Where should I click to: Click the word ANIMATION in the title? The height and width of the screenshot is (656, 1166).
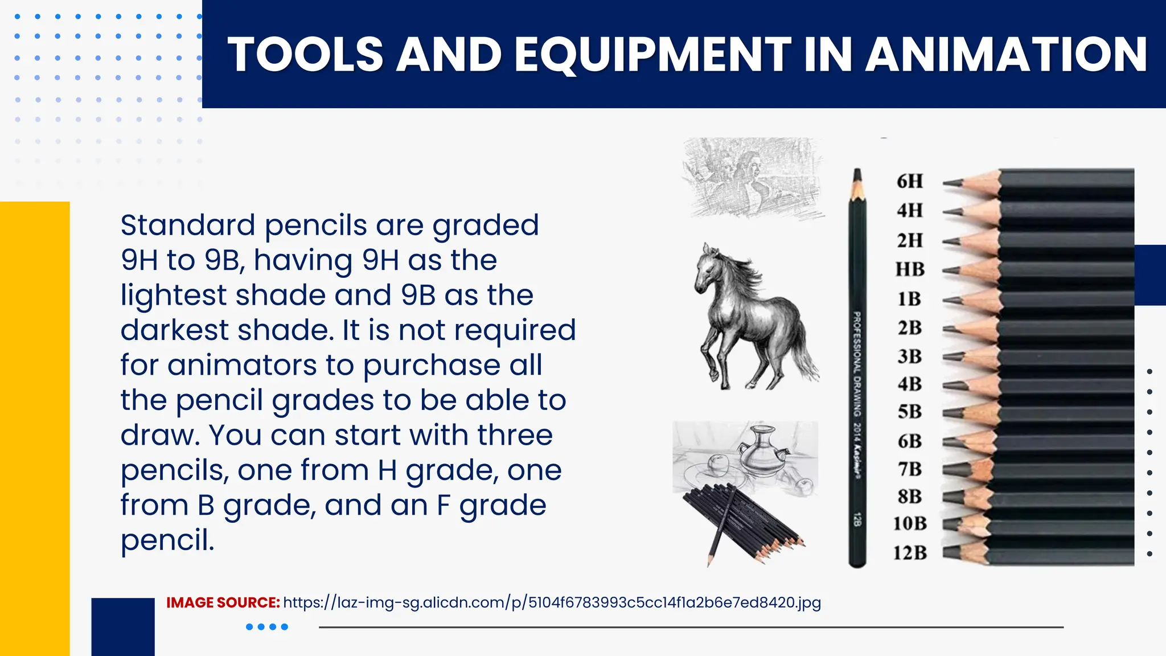[1006, 55]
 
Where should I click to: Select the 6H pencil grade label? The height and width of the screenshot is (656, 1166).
[909, 181]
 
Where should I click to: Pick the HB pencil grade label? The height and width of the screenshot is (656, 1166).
[910, 269]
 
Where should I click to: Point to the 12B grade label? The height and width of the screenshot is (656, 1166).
[909, 552]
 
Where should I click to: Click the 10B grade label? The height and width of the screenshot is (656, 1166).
[909, 523]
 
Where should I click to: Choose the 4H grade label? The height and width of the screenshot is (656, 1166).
[909, 211]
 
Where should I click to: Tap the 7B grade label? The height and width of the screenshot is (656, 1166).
[909, 469]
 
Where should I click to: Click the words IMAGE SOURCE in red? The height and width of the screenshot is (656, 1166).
[223, 602]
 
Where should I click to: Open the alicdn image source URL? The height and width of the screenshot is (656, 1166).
[552, 602]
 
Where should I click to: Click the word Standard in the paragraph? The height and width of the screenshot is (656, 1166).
[187, 225]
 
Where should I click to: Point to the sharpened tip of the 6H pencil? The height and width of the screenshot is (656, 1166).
[949, 183]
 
